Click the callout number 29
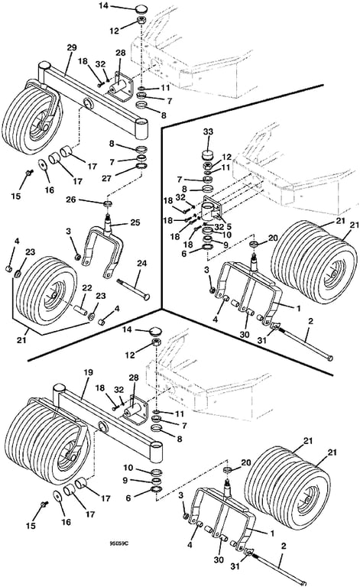coord(71,47)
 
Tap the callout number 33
coord(209,131)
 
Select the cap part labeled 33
coord(207,154)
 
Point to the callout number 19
coord(88,372)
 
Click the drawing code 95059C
coord(118,543)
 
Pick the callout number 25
coord(135,222)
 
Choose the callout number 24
coord(141,264)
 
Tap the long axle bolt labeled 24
coord(133,289)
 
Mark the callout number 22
coord(87,288)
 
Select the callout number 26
coord(71,199)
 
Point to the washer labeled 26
coord(109,203)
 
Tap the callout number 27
coord(107,178)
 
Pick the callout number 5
coord(229,227)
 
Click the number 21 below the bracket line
coord(21,340)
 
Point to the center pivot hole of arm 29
coord(89,103)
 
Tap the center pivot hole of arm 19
coord(102,426)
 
